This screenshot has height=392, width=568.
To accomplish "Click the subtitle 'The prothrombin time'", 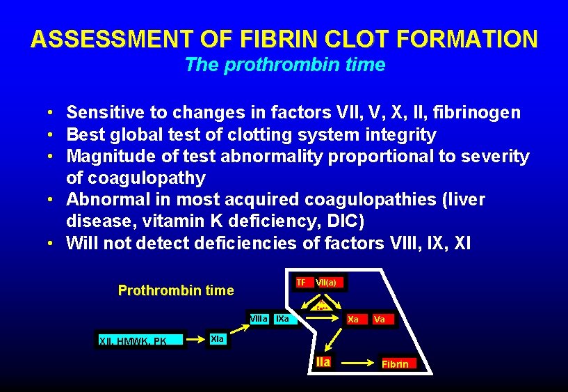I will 284,65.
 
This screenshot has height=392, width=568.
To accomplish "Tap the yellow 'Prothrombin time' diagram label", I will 176,291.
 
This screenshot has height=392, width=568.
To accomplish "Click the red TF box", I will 301,283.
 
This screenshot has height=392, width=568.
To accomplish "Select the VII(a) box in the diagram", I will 326,283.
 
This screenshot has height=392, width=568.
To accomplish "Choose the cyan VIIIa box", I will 258,319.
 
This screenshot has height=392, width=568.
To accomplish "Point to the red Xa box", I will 353,320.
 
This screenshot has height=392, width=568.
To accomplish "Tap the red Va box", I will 380,320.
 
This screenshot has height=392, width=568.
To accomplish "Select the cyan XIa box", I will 217,338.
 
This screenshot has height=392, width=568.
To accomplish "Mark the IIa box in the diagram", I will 323,362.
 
